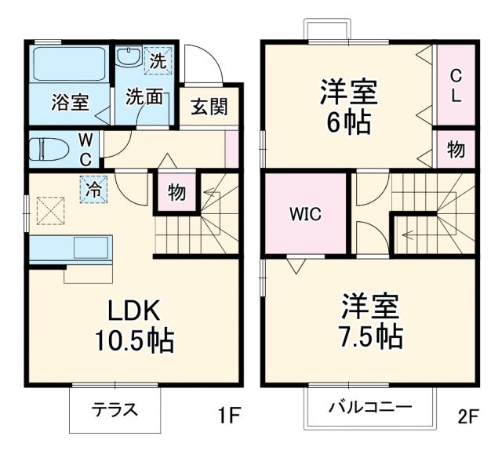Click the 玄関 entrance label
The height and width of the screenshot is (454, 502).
point(209,106)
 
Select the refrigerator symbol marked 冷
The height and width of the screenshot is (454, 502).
point(93,189)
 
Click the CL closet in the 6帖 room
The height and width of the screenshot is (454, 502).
point(456,85)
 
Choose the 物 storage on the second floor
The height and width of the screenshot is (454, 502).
point(456,151)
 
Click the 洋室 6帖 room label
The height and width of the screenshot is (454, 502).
point(347,106)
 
